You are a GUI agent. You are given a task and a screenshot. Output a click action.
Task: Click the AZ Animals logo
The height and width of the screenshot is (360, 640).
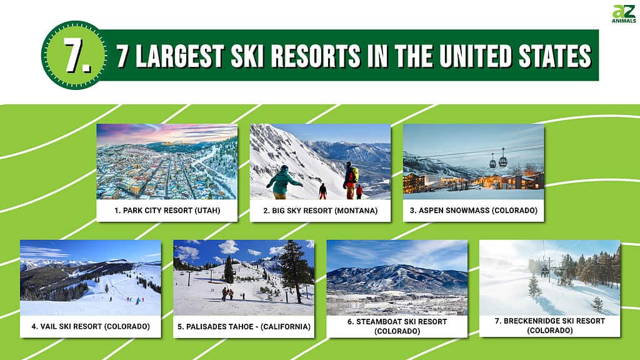(x=624, y=14)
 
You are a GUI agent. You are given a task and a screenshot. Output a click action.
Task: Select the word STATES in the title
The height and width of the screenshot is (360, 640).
(x=555, y=56)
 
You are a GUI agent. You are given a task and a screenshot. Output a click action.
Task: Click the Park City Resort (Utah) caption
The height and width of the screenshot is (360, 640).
(x=167, y=211)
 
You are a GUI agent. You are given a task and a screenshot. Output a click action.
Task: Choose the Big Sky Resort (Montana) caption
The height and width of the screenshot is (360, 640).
(x=321, y=211)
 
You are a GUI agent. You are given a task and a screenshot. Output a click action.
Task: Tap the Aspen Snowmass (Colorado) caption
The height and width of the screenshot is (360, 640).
(x=474, y=211)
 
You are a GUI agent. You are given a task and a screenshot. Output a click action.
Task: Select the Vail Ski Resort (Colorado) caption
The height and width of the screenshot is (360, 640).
(x=91, y=326)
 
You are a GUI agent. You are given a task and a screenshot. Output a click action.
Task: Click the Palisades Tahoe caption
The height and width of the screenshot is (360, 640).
(x=244, y=326)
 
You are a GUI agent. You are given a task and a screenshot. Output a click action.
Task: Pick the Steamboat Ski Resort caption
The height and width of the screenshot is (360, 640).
(x=397, y=326)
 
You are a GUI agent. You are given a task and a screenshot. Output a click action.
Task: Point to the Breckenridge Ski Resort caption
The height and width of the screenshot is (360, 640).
(x=550, y=326)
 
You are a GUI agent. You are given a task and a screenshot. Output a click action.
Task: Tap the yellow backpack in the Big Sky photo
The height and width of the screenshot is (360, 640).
(x=355, y=175)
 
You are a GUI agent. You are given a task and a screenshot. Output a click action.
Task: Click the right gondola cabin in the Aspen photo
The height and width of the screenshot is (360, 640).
(x=503, y=160)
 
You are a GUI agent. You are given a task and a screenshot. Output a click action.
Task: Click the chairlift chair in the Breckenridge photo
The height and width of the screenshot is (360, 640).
(x=545, y=271)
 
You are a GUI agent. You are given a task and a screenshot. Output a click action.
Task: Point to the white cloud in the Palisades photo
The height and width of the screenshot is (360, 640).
(x=229, y=247)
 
